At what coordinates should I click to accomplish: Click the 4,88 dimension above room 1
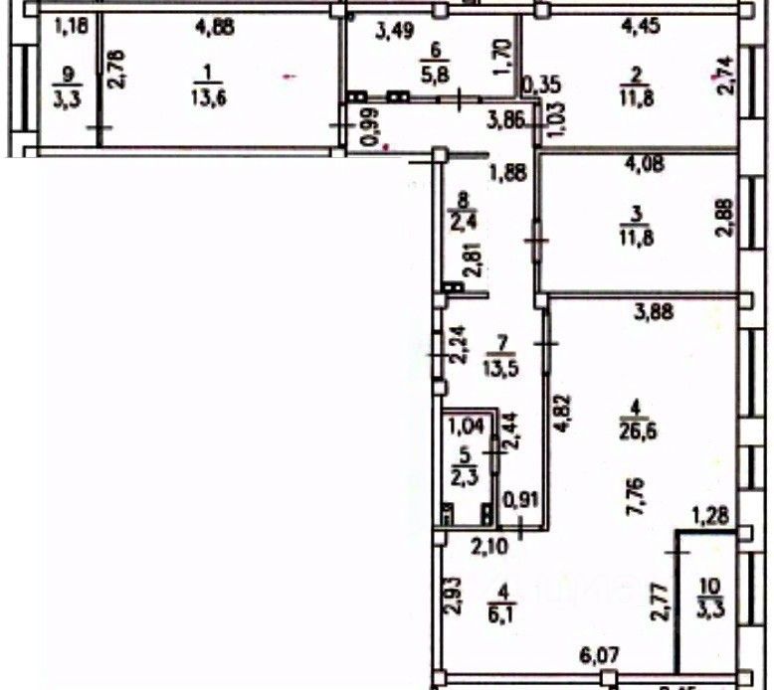[x=216, y=28]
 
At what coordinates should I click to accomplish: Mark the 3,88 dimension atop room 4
[x=653, y=313]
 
